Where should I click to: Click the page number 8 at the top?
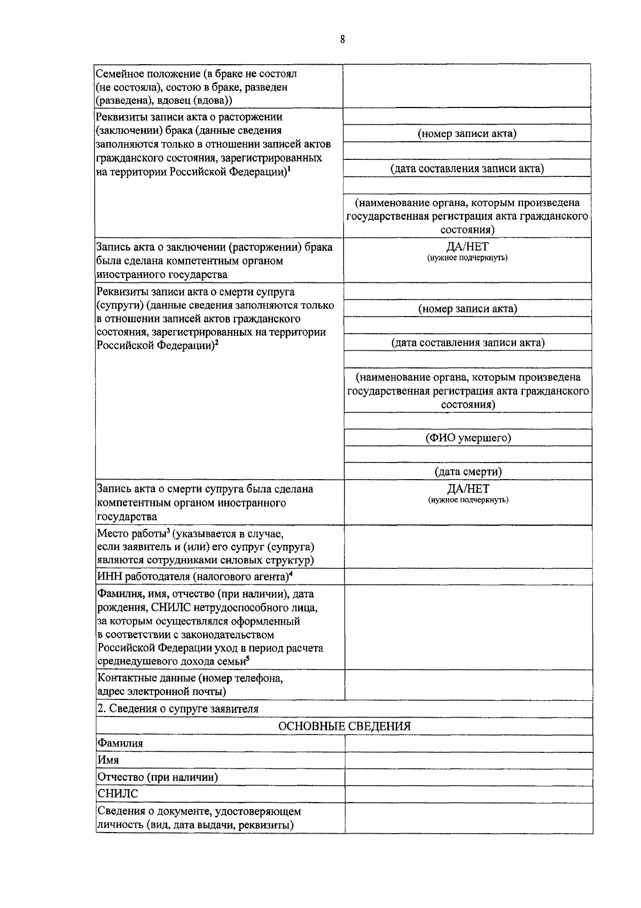tap(342, 39)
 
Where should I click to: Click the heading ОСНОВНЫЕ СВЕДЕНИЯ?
tap(345, 726)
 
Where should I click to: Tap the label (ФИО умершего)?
tap(468, 438)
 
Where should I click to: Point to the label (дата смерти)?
tap(468, 472)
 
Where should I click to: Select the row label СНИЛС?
tap(118, 794)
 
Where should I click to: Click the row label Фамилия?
tap(120, 743)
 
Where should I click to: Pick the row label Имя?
tap(108, 760)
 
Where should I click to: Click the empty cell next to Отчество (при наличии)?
tap(468, 777)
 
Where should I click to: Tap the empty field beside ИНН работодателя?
tap(468, 576)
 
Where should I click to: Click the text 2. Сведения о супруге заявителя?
tap(178, 709)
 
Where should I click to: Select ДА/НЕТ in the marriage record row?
tap(467, 247)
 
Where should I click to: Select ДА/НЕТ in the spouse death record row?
tap(468, 489)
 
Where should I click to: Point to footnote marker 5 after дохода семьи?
tap(248, 659)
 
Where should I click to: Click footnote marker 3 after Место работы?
tap(168, 530)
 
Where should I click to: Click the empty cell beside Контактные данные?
tap(468, 685)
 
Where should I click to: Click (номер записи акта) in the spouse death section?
tap(468, 309)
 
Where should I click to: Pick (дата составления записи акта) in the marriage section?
tap(467, 169)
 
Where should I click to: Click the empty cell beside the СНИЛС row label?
tap(468, 794)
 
